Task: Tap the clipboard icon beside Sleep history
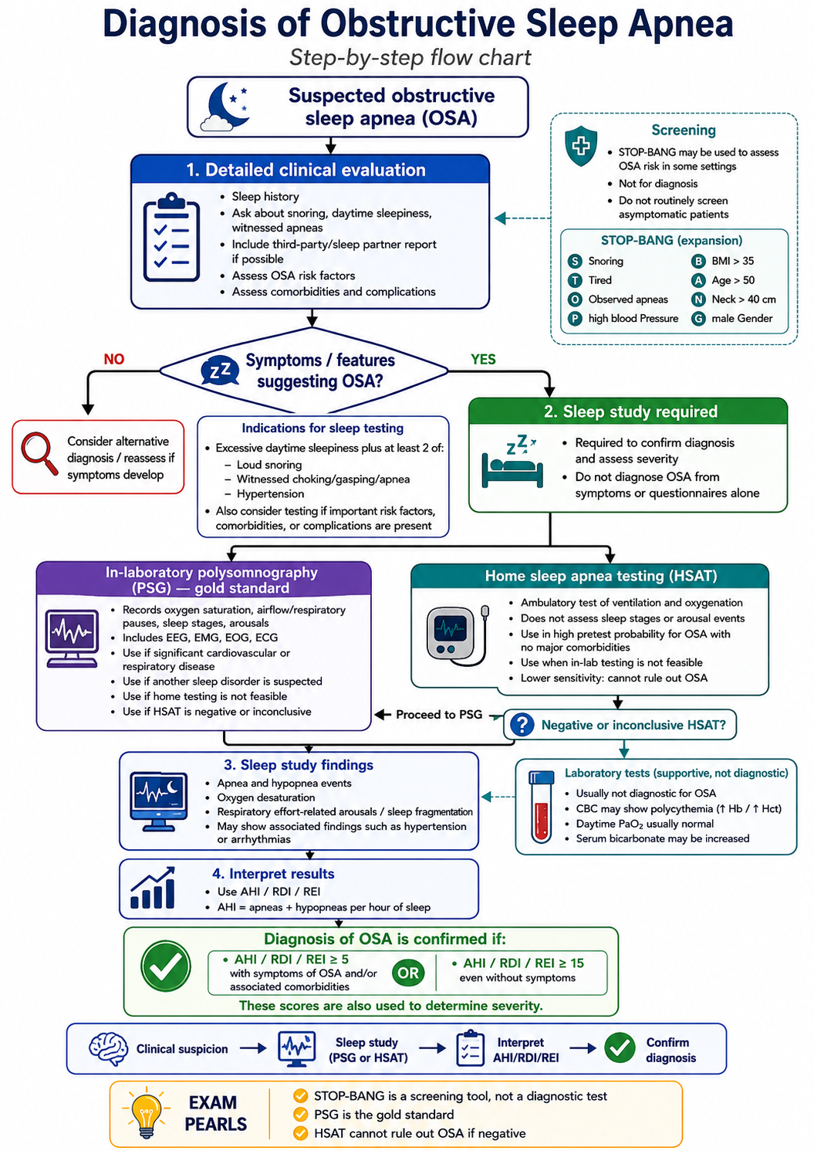click(x=171, y=237)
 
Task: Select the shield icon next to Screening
click(x=581, y=146)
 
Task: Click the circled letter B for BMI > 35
click(x=698, y=261)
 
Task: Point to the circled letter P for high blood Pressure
click(x=575, y=319)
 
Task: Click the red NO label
click(x=114, y=359)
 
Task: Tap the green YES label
click(x=483, y=359)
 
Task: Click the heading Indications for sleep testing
click(x=323, y=428)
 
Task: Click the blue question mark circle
click(x=522, y=725)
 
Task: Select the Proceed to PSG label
click(x=439, y=714)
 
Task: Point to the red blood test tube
click(x=542, y=807)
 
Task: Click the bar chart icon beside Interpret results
click(x=153, y=888)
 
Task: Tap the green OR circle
click(x=408, y=973)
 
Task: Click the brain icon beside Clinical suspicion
click(x=108, y=1049)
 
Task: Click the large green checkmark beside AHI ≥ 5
click(x=166, y=966)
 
